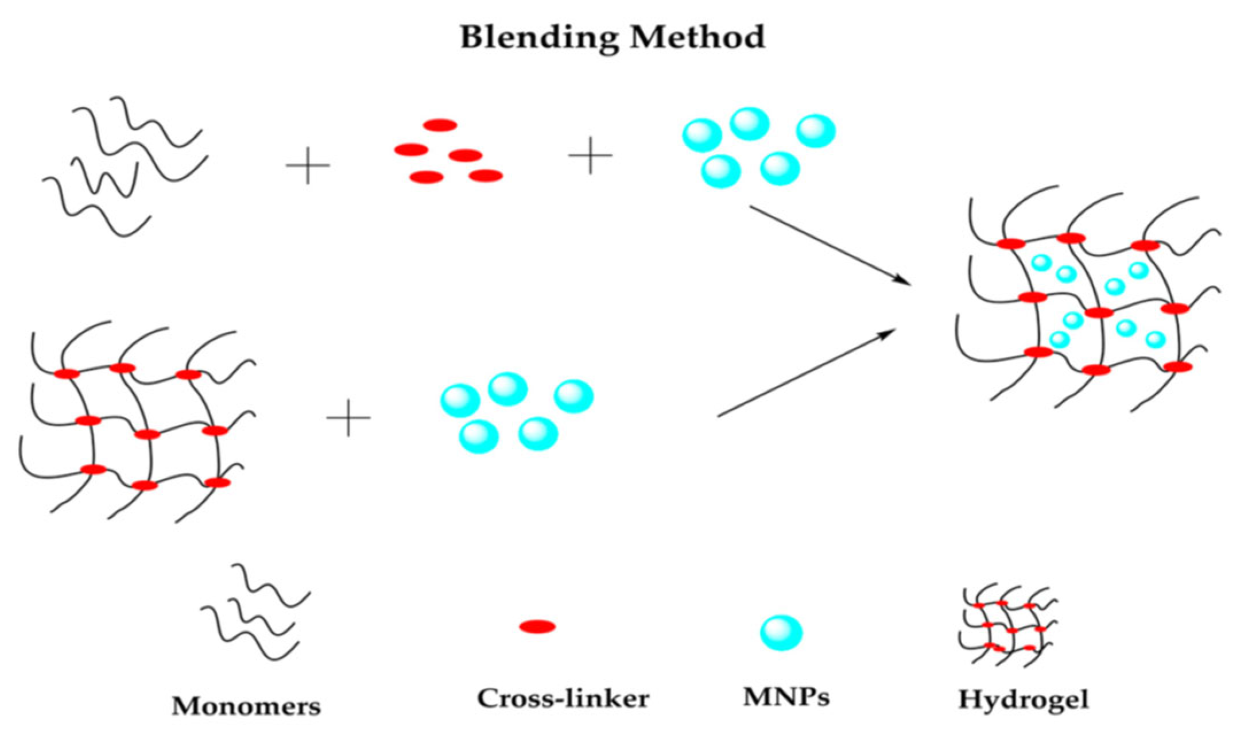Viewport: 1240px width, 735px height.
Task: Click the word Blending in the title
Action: pos(540,38)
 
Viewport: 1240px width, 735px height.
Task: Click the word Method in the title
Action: pos(697,38)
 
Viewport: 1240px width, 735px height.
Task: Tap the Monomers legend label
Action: pos(246,706)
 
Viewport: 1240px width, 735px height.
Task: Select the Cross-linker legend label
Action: pos(563,698)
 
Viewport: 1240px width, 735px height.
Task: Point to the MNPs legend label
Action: pos(786,697)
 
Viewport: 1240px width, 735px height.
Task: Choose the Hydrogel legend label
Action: pos(1023,700)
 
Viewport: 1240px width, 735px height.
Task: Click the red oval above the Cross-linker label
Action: pos(537,626)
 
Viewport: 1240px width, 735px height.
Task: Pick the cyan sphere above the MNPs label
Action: pos(781,633)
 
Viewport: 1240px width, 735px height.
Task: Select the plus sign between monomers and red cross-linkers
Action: pos(308,165)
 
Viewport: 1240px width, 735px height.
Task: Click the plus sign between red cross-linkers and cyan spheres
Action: pos(590,155)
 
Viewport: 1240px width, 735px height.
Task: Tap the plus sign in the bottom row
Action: pos(348,417)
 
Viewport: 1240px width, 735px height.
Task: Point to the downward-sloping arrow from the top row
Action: pos(830,244)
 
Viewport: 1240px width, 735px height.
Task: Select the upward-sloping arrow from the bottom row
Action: pos(807,373)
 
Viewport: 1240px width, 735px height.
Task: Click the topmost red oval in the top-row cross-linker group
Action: pos(440,125)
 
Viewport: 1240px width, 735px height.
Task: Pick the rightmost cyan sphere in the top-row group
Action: pos(816,131)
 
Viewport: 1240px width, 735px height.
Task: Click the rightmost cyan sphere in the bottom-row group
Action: pos(573,396)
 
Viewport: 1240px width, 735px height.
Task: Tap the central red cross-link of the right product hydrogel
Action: pos(1099,312)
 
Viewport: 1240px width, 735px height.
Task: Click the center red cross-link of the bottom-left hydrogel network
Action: pos(148,434)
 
